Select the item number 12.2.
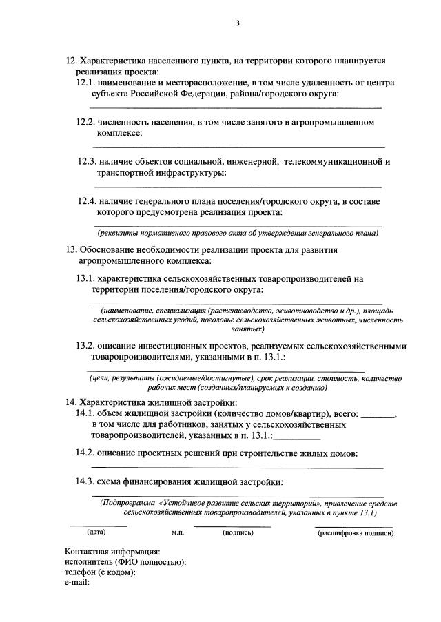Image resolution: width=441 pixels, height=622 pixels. (85, 123)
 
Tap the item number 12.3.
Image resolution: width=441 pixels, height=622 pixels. (87, 162)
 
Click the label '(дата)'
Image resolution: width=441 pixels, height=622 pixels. (96, 532)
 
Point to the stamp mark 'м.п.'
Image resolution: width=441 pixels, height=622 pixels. (178, 533)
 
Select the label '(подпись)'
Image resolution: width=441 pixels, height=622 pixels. (238, 532)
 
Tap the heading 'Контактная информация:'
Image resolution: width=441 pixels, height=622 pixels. (112, 551)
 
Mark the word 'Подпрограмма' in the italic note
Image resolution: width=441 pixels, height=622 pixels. (128, 503)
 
